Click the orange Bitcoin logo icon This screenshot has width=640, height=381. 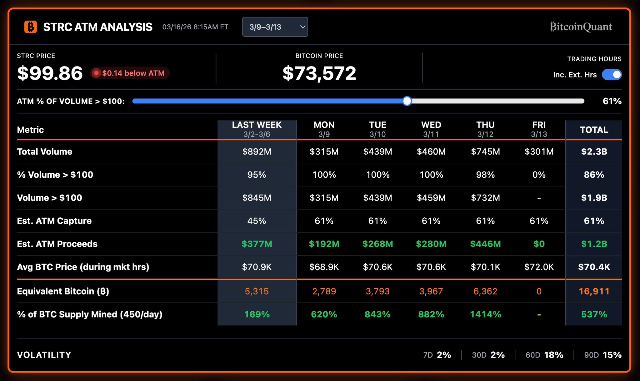tap(31, 27)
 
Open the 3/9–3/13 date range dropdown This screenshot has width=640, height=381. tap(275, 27)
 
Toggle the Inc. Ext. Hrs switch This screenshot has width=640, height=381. tap(612, 75)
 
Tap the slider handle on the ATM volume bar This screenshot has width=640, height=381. tap(407, 101)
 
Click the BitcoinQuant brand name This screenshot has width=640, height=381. tap(581, 27)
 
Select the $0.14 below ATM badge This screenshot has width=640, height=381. tap(130, 73)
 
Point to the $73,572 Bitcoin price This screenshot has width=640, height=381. tap(319, 73)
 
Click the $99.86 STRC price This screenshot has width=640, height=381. tap(50, 73)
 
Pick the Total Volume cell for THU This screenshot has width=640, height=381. tap(485, 151)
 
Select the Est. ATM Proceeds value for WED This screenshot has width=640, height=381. tap(431, 244)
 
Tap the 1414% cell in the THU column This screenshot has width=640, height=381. tap(485, 314)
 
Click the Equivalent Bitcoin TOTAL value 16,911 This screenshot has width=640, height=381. tap(594, 291)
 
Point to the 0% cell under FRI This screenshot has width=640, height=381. tap(539, 175)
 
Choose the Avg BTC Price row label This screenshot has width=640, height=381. tap(83, 267)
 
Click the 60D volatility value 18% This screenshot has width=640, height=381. tap(553, 355)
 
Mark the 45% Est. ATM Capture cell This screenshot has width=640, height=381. tap(257, 221)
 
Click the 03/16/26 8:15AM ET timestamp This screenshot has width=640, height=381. tap(195, 27)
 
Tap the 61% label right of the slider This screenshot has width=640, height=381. tap(612, 101)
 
